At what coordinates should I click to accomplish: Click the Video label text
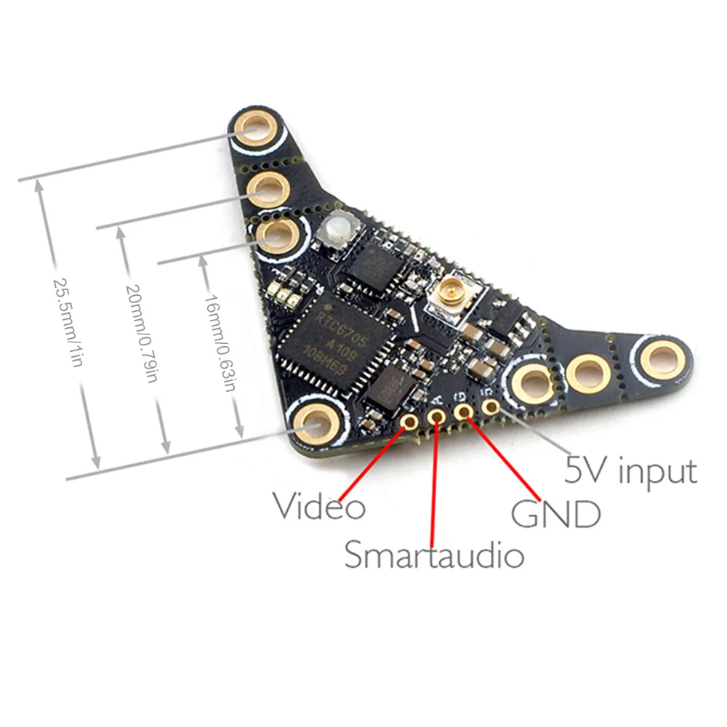[x=318, y=506]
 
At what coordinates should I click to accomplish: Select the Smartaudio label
[x=433, y=555]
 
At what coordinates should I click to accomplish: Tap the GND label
[x=556, y=513]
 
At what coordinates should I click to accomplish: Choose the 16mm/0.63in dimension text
[x=219, y=342]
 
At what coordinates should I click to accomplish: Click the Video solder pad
[x=411, y=422]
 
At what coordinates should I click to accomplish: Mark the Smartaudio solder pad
[x=438, y=417]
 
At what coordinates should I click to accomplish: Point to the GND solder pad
[x=464, y=411]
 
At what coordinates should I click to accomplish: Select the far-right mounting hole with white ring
[x=660, y=358]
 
